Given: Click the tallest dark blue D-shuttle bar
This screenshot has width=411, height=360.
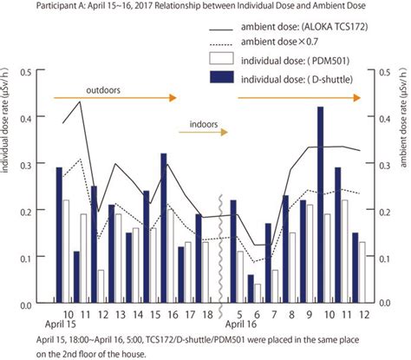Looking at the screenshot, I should coord(320,206).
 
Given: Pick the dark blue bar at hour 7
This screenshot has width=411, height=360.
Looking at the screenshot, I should coord(268,264).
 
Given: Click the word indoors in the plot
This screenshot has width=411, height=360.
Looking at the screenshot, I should coord(196,122).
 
